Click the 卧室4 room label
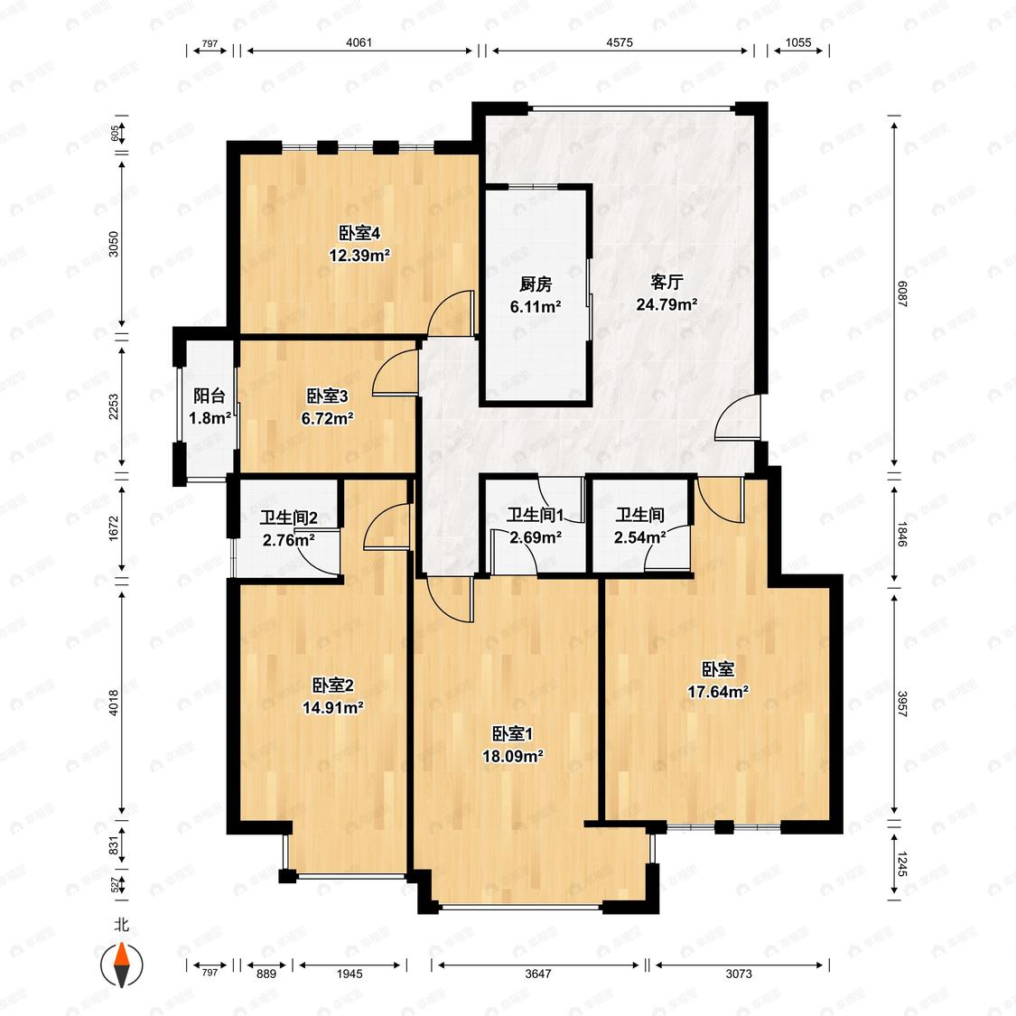click(359, 233)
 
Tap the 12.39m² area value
click(359, 256)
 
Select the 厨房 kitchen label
click(536, 284)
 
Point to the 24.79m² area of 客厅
click(666, 304)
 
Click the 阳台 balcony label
click(210, 396)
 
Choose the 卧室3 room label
click(327, 396)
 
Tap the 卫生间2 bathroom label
click(288, 517)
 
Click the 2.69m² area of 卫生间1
click(536, 537)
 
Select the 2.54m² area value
click(640, 537)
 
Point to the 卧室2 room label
click(333, 685)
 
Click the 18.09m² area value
click(513, 756)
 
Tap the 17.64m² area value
click(718, 692)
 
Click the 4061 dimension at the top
click(359, 42)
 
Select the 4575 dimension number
click(620, 42)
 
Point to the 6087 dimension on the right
click(902, 294)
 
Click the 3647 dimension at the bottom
click(538, 974)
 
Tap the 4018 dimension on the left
click(114, 703)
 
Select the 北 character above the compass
click(121, 925)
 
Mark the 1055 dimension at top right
click(798, 42)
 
